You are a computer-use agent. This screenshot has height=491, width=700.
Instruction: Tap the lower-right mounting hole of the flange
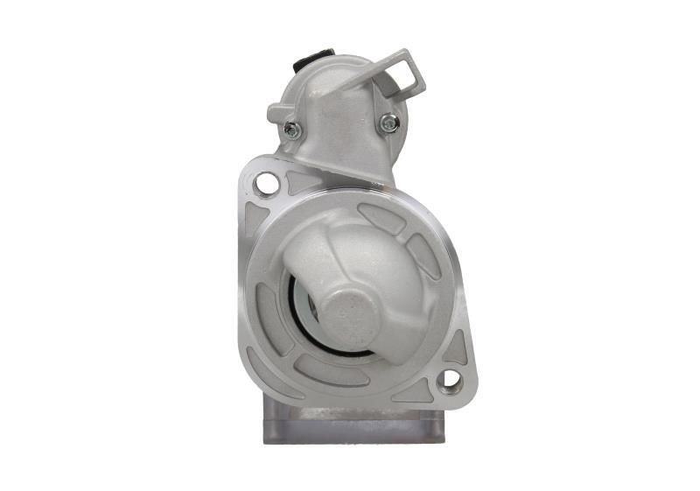[x=451, y=379]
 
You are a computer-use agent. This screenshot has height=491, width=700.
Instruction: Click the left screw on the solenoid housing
[x=292, y=130]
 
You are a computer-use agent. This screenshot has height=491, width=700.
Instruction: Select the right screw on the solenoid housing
[x=388, y=123]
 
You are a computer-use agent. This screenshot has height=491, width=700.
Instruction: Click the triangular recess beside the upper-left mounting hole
[x=302, y=181]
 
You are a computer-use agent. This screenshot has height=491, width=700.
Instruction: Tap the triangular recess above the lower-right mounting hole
[x=455, y=347]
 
